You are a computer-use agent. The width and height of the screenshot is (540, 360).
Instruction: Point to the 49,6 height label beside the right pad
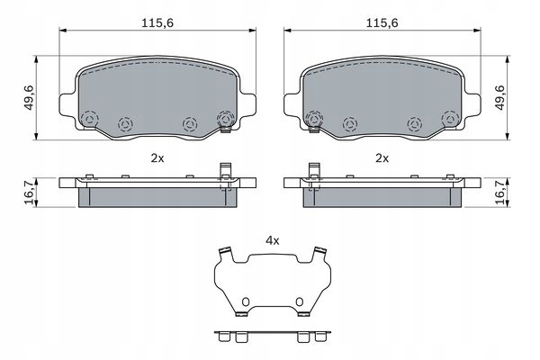(x=499, y=95)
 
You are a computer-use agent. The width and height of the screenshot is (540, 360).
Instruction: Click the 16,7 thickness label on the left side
(x=30, y=191)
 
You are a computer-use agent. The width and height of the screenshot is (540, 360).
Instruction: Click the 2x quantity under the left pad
(x=157, y=157)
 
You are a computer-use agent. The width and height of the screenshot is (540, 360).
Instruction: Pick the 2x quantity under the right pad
(x=382, y=157)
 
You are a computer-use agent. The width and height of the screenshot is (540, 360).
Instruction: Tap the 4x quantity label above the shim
(x=273, y=240)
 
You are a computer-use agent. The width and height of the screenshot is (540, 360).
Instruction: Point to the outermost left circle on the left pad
(x=88, y=118)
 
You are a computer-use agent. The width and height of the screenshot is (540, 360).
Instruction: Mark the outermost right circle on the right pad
(x=449, y=118)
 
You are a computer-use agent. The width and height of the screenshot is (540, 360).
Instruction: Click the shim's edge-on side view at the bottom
(x=273, y=335)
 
